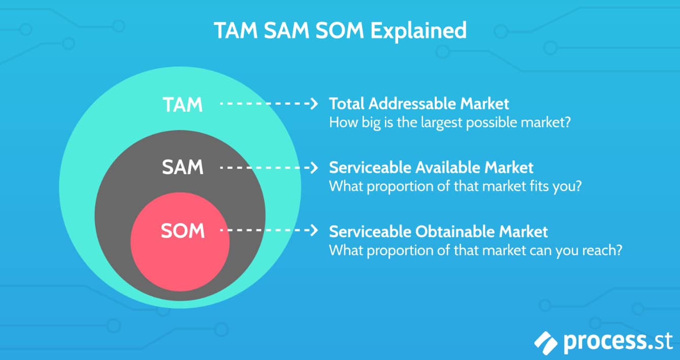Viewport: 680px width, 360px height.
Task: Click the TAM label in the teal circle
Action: (x=182, y=105)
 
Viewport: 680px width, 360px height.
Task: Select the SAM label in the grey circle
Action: (x=182, y=167)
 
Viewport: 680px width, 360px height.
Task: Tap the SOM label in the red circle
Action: (x=182, y=231)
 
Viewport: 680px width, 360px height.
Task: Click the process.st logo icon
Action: (x=545, y=343)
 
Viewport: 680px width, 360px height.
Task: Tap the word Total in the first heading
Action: (x=347, y=104)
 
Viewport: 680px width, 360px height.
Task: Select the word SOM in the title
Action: (x=339, y=30)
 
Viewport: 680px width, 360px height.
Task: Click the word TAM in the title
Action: (x=236, y=30)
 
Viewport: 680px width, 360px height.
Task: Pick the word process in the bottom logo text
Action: (x=604, y=342)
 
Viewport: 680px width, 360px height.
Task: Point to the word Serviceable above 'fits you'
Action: (x=370, y=168)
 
